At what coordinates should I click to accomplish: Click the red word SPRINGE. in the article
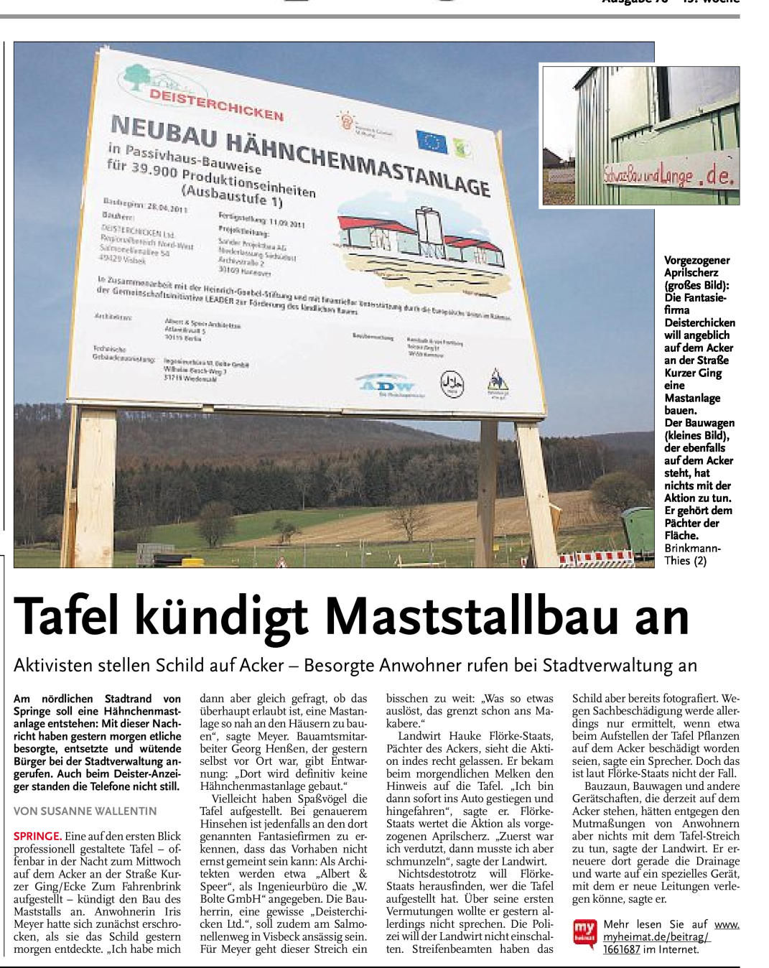pyautogui.click(x=37, y=836)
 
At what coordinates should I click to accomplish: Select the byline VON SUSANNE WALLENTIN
pyautogui.click(x=85, y=811)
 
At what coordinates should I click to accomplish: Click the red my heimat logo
pyautogui.click(x=584, y=931)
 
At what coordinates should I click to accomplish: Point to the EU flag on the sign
pyautogui.click(x=432, y=141)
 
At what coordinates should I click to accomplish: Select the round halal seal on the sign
pyautogui.click(x=452, y=384)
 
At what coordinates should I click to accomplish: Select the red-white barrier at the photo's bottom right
pyautogui.click(x=596, y=557)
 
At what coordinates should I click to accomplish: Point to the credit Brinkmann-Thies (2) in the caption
pyautogui.click(x=692, y=554)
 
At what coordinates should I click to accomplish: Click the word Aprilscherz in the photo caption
pyautogui.click(x=691, y=273)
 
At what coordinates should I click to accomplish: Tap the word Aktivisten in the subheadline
pyautogui.click(x=57, y=666)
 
